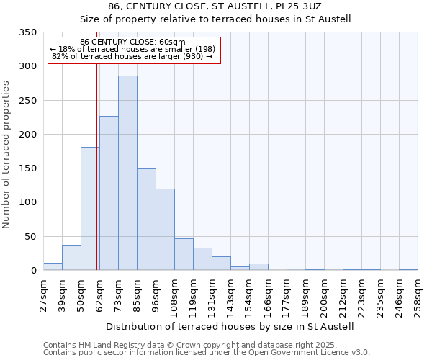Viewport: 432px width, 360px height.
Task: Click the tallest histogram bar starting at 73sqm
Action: click(127, 173)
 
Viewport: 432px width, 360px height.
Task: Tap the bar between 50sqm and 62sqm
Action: click(90, 209)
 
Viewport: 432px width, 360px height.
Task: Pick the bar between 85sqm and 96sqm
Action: click(146, 220)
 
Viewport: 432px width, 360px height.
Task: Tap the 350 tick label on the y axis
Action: click(27, 32)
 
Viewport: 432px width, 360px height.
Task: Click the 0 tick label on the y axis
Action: click(33, 271)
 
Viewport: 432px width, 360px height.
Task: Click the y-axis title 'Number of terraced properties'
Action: click(6, 155)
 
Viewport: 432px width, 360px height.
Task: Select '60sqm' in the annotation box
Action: click(173, 42)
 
